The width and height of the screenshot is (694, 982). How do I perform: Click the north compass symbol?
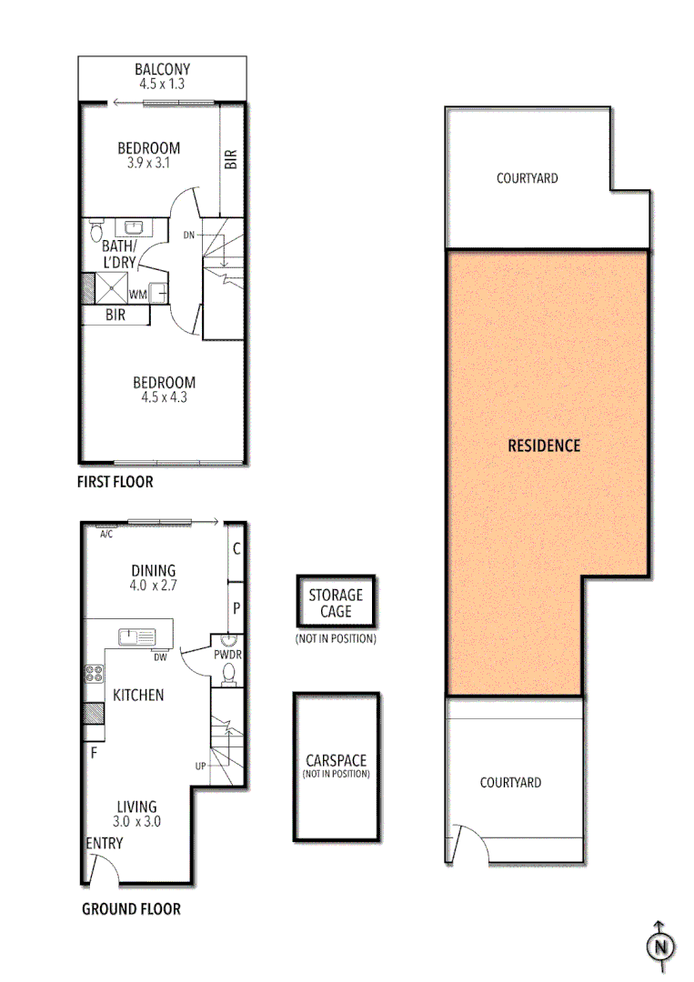(x=661, y=947)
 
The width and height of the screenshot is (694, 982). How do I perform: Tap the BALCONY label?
(x=163, y=69)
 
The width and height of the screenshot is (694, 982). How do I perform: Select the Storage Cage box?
(x=335, y=603)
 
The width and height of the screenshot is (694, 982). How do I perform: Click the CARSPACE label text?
(x=336, y=760)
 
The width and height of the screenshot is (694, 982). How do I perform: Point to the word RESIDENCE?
(x=544, y=446)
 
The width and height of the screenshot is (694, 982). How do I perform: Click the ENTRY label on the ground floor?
(x=104, y=843)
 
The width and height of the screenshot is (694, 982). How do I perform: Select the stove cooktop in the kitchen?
(x=94, y=675)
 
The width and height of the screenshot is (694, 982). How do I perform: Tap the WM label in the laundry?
(x=137, y=295)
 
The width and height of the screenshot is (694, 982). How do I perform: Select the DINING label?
(x=153, y=571)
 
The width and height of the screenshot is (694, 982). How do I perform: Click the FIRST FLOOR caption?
(x=115, y=482)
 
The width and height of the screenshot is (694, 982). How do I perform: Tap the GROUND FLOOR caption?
(x=131, y=908)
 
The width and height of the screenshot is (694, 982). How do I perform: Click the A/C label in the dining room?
(x=106, y=534)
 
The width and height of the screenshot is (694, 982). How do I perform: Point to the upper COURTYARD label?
(x=527, y=178)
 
